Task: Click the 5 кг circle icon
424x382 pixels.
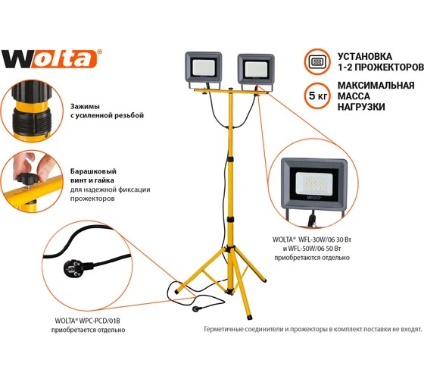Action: pos(318,95)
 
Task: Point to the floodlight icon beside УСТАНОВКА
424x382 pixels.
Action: pos(317,61)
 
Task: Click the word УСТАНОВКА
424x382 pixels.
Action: pos(364,56)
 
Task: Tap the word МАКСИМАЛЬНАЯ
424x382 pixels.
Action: pos(376,86)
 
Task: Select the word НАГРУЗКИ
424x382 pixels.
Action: pos(361,107)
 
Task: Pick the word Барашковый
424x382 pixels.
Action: pos(93,171)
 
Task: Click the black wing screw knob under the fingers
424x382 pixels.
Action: pos(27,178)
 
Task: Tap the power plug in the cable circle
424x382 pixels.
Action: pos(72,268)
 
